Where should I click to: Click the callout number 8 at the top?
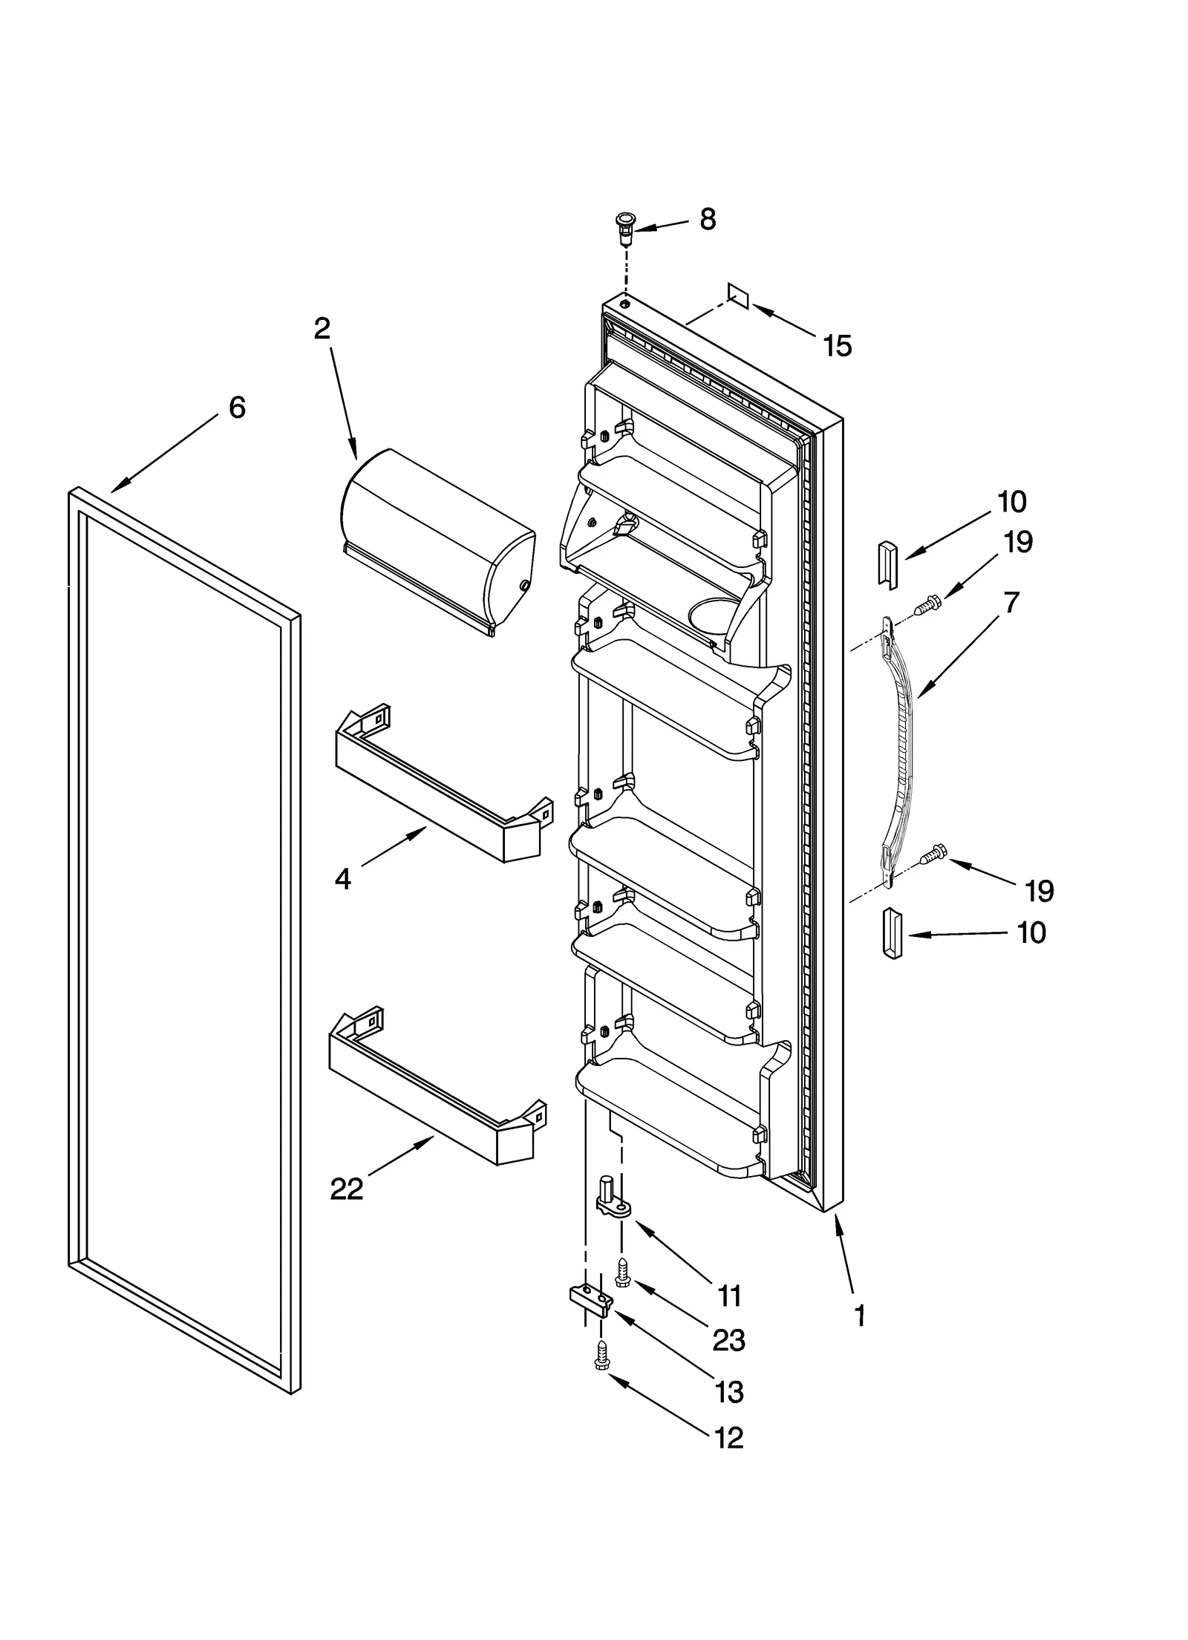point(707,219)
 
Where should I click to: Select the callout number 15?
point(838,346)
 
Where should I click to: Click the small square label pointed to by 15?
point(739,296)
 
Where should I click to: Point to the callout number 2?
point(322,328)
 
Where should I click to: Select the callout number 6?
point(236,407)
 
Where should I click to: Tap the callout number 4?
point(342,879)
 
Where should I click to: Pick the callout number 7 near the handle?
point(1011,601)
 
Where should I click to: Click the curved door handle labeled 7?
point(902,750)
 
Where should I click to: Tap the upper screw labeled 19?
point(925,607)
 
